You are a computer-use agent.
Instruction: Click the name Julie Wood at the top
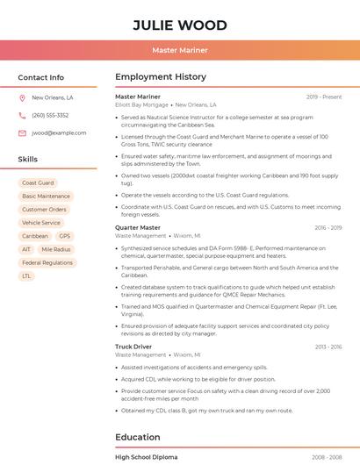tap(179, 25)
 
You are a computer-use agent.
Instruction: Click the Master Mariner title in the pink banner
tap(179, 50)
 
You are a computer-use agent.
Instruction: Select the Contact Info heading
tap(41, 77)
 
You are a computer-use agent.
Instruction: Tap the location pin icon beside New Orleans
tap(22, 98)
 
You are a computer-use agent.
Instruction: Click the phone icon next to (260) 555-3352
tap(22, 116)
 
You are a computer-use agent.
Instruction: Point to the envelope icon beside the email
tap(22, 133)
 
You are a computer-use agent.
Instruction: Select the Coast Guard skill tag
tap(38, 183)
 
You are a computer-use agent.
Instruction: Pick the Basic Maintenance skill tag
tap(46, 197)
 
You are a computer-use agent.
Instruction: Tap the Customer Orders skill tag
tap(44, 210)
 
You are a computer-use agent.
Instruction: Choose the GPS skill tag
tap(65, 236)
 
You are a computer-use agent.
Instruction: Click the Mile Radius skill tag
tap(56, 249)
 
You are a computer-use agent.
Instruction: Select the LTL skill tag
tap(26, 275)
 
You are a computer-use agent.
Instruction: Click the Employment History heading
tap(161, 77)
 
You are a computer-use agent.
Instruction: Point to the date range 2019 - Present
tap(324, 97)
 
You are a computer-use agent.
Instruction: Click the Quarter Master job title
tap(138, 228)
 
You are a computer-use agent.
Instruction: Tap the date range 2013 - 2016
tap(328, 347)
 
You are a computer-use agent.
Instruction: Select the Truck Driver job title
tap(133, 347)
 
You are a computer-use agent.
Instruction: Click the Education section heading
tap(137, 437)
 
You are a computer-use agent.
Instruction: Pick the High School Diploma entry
tap(146, 457)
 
